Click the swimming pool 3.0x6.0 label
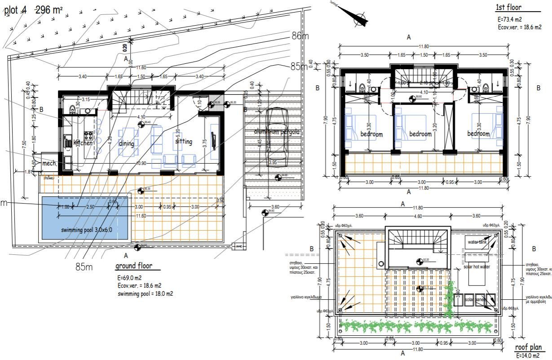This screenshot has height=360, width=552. pyautogui.click(x=87, y=230)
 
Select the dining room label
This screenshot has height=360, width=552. pyautogui.click(x=127, y=143)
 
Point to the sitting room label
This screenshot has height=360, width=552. pyautogui.click(x=183, y=142)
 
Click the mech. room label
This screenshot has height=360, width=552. pyautogui.click(x=49, y=164)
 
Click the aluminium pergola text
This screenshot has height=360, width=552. pyautogui.click(x=276, y=132)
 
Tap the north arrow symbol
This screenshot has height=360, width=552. pyautogui.click(x=357, y=17)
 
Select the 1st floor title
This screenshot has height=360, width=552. pyautogui.click(x=509, y=7)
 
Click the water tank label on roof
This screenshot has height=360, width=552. pyautogui.click(x=477, y=242)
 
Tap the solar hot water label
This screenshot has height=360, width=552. pyautogui.click(x=477, y=267)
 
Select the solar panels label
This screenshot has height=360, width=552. pyautogui.click(x=476, y=300)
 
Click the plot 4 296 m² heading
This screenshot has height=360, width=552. pyautogui.click(x=33, y=11)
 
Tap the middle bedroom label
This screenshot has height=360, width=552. pyautogui.click(x=420, y=134)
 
